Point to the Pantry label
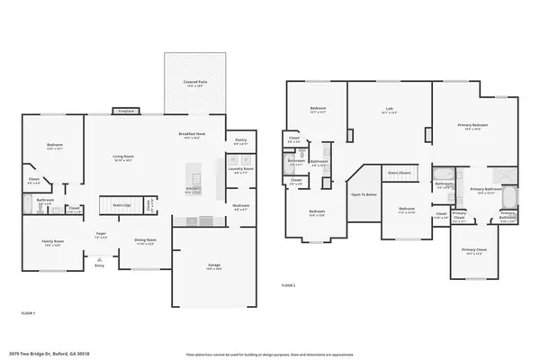(240, 140)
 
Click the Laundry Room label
(240, 168)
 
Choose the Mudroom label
(240, 205)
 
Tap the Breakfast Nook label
(193, 134)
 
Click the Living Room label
(123, 157)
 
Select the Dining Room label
(146, 241)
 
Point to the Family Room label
(53, 242)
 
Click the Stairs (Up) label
(121, 205)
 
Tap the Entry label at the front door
(99, 265)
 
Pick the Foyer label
(101, 235)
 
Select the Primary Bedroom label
(472, 126)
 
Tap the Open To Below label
(364, 194)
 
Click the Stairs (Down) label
(399, 172)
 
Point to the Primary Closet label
(473, 249)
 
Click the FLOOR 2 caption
(288, 285)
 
